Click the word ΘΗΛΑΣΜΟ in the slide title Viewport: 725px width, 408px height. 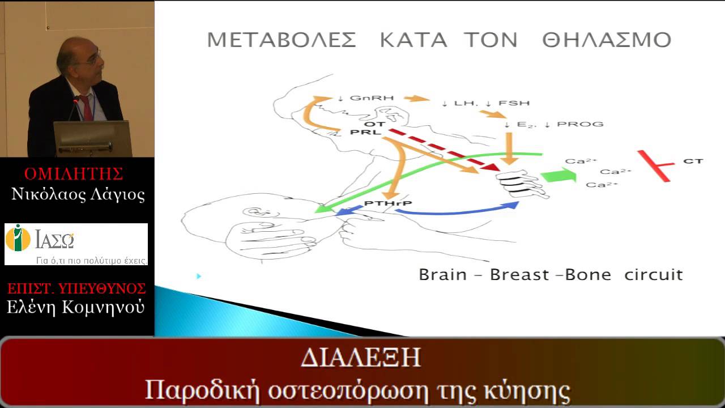[x=606, y=40]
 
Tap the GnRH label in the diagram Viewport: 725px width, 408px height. [x=365, y=98]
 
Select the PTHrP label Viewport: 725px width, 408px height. [x=379, y=203]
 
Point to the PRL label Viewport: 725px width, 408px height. [x=361, y=133]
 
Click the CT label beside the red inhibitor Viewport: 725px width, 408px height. [x=693, y=161]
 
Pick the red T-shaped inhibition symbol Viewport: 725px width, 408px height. [x=656, y=165]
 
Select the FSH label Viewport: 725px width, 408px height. [x=519, y=103]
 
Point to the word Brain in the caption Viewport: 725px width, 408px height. [x=442, y=275]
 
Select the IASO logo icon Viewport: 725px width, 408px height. [x=18, y=238]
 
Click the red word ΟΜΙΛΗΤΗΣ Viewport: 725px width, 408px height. [x=74, y=173]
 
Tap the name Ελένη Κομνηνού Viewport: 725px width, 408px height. [x=75, y=307]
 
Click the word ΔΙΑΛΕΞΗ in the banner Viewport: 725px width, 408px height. [x=361, y=359]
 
